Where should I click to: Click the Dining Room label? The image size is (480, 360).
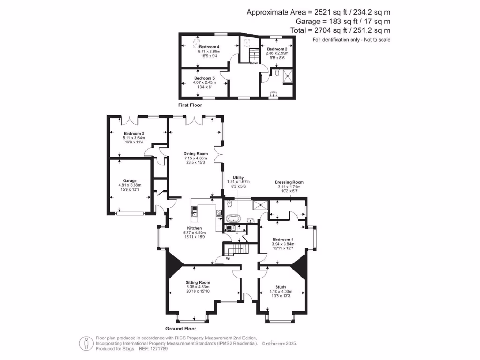[x=195, y=154]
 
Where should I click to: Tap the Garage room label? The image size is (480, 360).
[x=130, y=181]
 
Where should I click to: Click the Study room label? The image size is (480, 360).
[x=281, y=287]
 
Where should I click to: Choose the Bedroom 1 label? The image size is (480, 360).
[x=283, y=239]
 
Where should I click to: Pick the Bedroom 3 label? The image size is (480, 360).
[x=134, y=134]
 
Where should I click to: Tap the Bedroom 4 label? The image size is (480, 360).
[x=209, y=47]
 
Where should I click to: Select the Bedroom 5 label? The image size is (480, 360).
[x=204, y=78]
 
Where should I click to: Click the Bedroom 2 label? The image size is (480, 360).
[x=277, y=49]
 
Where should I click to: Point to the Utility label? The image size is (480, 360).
[x=239, y=178]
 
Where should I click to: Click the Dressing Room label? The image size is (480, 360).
[x=289, y=182]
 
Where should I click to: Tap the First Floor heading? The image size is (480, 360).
[x=190, y=105]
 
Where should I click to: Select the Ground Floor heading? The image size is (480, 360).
[x=180, y=329]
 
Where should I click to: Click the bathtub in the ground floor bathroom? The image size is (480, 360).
[x=233, y=218]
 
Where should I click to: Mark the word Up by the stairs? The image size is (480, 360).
[x=228, y=258]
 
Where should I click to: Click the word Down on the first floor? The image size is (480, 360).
[x=254, y=63]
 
